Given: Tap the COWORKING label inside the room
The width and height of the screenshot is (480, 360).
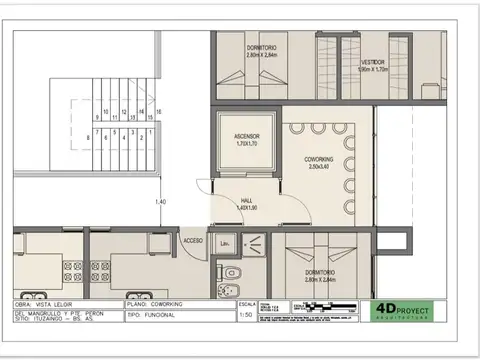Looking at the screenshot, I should tap(320, 159).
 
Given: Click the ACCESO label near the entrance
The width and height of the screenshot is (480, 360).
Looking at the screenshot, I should tap(193, 241).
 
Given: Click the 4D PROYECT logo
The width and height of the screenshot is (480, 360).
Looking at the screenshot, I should tap(407, 312).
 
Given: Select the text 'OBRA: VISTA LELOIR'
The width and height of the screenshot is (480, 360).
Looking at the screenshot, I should tap(49, 304).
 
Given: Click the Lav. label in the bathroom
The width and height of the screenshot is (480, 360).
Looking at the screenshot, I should tap(226, 243).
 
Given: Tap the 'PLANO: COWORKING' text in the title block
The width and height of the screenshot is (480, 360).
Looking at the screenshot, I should tap(153, 304).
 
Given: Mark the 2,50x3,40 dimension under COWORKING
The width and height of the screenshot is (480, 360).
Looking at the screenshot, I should tap(320, 167).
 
